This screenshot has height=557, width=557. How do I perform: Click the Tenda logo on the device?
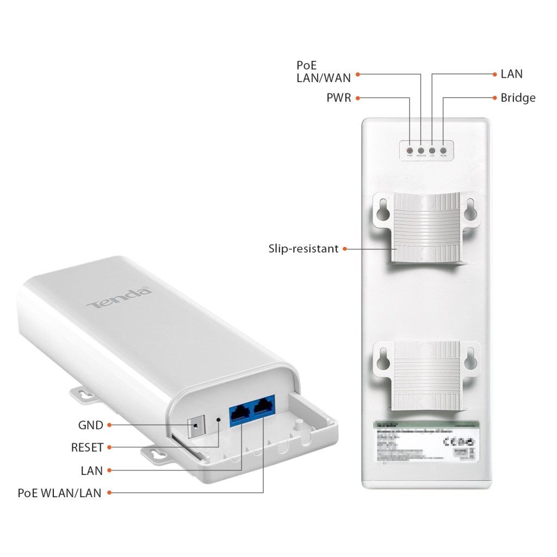tap(119, 298)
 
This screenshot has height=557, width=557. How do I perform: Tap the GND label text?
tap(90, 425)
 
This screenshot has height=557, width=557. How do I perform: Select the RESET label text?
tap(87, 448)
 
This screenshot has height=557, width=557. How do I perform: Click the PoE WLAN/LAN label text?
tap(60, 493)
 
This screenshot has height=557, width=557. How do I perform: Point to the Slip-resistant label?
tap(304, 249)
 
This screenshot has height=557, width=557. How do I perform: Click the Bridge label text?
tap(518, 98)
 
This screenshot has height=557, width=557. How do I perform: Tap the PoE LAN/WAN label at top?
tap(324, 71)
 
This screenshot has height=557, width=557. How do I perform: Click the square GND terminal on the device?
tap(194, 428)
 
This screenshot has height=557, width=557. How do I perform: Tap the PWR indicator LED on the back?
tap(410, 150)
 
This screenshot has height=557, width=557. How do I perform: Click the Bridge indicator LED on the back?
tap(443, 150)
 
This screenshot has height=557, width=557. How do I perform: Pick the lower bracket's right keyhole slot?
tap(472, 355)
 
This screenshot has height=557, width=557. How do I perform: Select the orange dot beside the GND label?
tap(109, 425)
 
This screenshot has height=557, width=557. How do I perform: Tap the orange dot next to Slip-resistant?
tap(344, 249)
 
